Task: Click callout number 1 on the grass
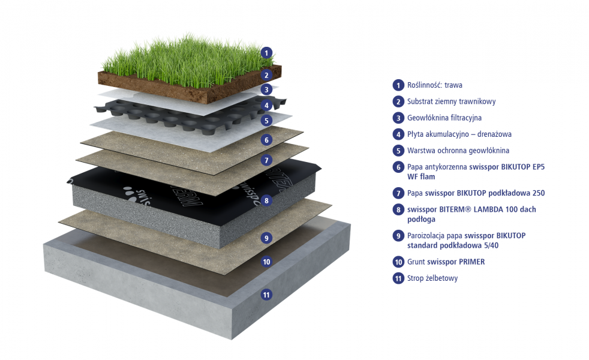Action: [266, 53]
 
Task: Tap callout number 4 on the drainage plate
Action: [266, 105]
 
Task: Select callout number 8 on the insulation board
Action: [266, 200]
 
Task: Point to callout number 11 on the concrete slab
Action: [266, 295]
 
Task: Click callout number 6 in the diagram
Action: [266, 140]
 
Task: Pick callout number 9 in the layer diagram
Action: [266, 238]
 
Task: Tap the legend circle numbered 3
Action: [398, 118]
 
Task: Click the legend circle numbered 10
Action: [398, 262]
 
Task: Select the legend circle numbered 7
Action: [398, 193]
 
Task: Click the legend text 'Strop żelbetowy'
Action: [432, 278]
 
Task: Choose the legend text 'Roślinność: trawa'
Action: [435, 85]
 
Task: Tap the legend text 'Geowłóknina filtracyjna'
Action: [444, 118]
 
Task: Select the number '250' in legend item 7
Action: [538, 193]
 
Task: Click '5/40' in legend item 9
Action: [491, 245]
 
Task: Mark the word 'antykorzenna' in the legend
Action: [446, 167]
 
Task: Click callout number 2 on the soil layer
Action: [266, 75]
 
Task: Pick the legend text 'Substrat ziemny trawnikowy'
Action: [452, 101]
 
